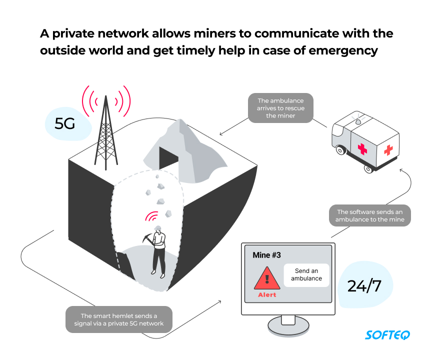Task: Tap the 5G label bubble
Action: click(x=65, y=123)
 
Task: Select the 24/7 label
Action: click(x=364, y=286)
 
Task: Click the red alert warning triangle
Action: click(x=267, y=278)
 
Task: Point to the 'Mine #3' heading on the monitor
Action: click(x=266, y=255)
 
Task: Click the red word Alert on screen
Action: click(x=267, y=295)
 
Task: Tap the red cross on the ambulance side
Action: click(x=362, y=148)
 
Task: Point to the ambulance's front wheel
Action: click(x=341, y=149)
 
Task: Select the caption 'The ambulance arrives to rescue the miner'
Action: click(x=280, y=108)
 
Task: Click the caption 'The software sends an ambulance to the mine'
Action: click(x=370, y=215)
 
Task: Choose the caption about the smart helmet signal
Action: click(x=119, y=319)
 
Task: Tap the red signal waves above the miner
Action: click(x=151, y=216)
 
